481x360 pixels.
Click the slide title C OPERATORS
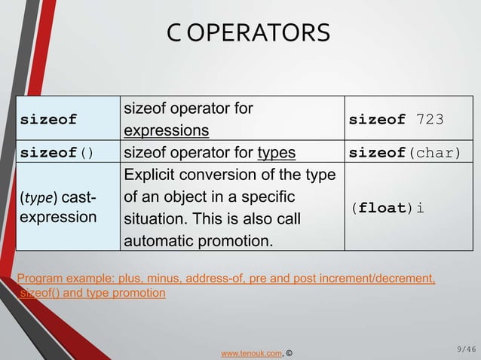coord(248,33)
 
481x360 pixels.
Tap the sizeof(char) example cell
coord(404,153)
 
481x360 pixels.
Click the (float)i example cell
coord(385,208)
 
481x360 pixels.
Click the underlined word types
coord(276,153)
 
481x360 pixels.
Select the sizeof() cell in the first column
coord(57,153)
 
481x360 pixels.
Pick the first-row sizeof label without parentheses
coord(48,120)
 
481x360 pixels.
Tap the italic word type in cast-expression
coord(37,198)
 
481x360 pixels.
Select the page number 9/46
coord(466,349)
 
